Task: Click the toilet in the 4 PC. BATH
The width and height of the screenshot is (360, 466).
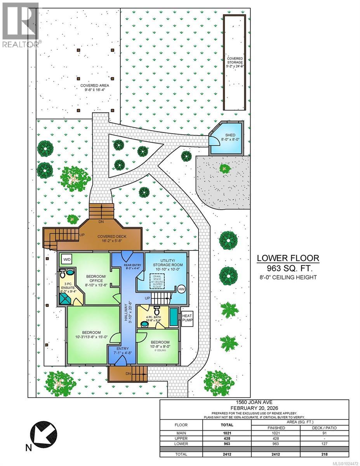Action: click(157, 311)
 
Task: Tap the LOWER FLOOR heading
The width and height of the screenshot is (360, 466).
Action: click(289, 258)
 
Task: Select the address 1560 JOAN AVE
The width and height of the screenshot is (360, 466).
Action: click(254, 403)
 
